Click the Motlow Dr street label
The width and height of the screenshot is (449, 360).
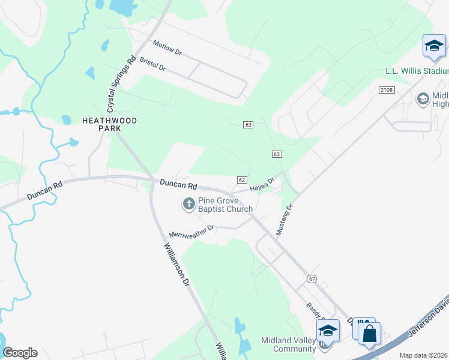point(167,48)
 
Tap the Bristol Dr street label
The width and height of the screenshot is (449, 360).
point(152,64)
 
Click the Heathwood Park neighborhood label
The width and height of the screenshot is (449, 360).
point(109,124)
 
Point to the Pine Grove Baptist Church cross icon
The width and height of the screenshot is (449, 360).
point(188,204)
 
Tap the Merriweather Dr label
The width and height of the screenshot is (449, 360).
point(191,231)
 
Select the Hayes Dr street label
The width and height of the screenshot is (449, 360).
point(262,184)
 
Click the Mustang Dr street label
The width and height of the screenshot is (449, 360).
point(284,219)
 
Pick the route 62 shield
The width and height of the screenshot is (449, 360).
point(242,180)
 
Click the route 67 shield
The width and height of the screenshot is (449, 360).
point(311,278)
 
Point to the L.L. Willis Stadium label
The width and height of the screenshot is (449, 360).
point(417,71)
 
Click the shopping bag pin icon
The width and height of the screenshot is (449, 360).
point(370,333)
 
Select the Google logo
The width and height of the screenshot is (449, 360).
point(20,353)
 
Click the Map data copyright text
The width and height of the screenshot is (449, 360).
point(424,355)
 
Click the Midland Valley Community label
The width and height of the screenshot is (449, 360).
point(286,344)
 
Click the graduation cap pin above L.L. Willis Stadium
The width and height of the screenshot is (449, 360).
point(433,46)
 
